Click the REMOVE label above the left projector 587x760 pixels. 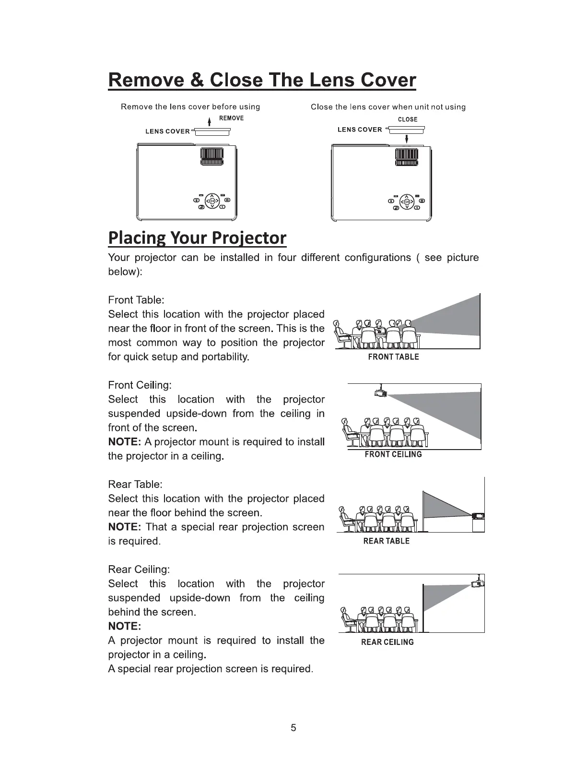click(x=231, y=118)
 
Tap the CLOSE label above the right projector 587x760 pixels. click(x=408, y=119)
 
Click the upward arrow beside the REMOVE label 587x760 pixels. click(x=210, y=120)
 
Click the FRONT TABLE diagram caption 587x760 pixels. click(x=393, y=357)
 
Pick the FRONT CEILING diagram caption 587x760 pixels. click(x=393, y=454)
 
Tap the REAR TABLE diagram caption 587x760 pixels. click(x=387, y=541)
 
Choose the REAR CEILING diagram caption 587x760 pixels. click(x=387, y=642)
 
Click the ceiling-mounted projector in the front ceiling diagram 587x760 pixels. click(x=380, y=393)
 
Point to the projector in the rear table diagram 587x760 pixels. click(x=478, y=516)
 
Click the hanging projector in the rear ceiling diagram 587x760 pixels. click(x=478, y=584)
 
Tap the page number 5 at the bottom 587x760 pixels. click(x=293, y=728)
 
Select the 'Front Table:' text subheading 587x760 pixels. click(x=136, y=300)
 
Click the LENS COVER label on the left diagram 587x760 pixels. click(x=168, y=131)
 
